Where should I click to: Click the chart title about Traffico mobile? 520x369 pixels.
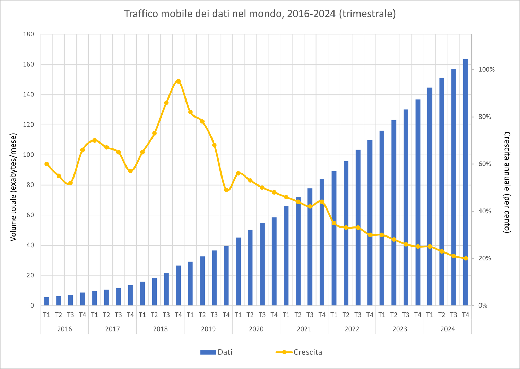click(x=260, y=14)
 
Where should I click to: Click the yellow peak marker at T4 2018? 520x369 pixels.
click(x=178, y=81)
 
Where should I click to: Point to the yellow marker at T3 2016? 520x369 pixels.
click(x=70, y=183)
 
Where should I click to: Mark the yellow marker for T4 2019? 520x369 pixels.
click(x=226, y=190)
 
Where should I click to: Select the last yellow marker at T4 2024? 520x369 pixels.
click(x=466, y=258)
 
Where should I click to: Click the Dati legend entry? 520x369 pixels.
click(x=217, y=352)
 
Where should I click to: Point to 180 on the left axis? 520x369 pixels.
click(x=28, y=34)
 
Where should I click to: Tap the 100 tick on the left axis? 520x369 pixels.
click(x=28, y=155)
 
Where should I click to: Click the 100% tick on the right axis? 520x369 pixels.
click(x=486, y=70)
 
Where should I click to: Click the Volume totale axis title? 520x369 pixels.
click(x=13, y=187)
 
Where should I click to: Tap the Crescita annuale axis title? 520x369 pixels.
click(x=507, y=182)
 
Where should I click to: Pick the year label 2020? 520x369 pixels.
click(x=256, y=329)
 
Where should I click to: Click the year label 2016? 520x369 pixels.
click(x=64, y=329)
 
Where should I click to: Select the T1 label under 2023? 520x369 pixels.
click(x=382, y=315)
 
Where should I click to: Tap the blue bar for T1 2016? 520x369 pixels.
click(x=47, y=301)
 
